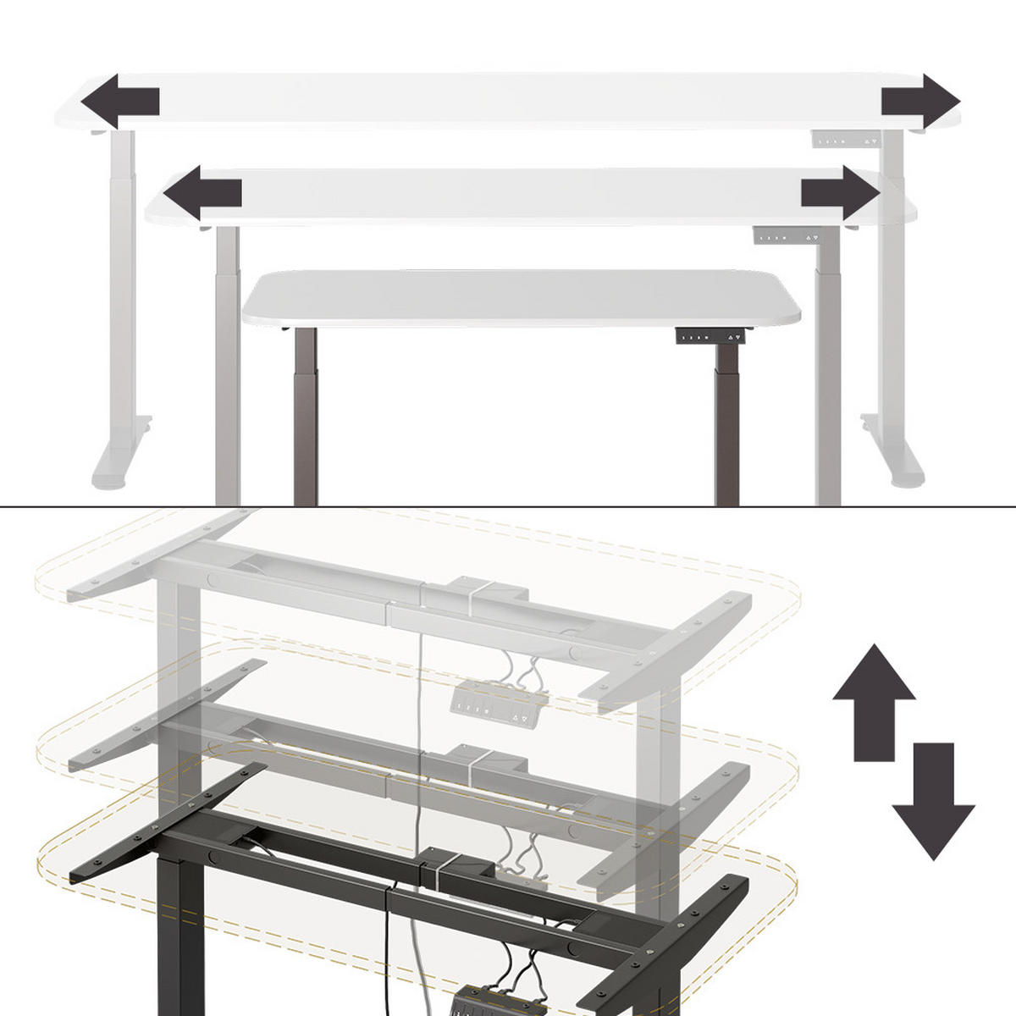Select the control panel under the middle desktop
pyautogui.click(x=788, y=237)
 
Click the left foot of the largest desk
pyautogui.click(x=119, y=461)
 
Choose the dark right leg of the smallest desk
pyautogui.click(x=726, y=432)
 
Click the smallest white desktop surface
pyautogui.click(x=521, y=296)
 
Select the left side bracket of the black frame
pyautogui.click(x=161, y=825)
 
